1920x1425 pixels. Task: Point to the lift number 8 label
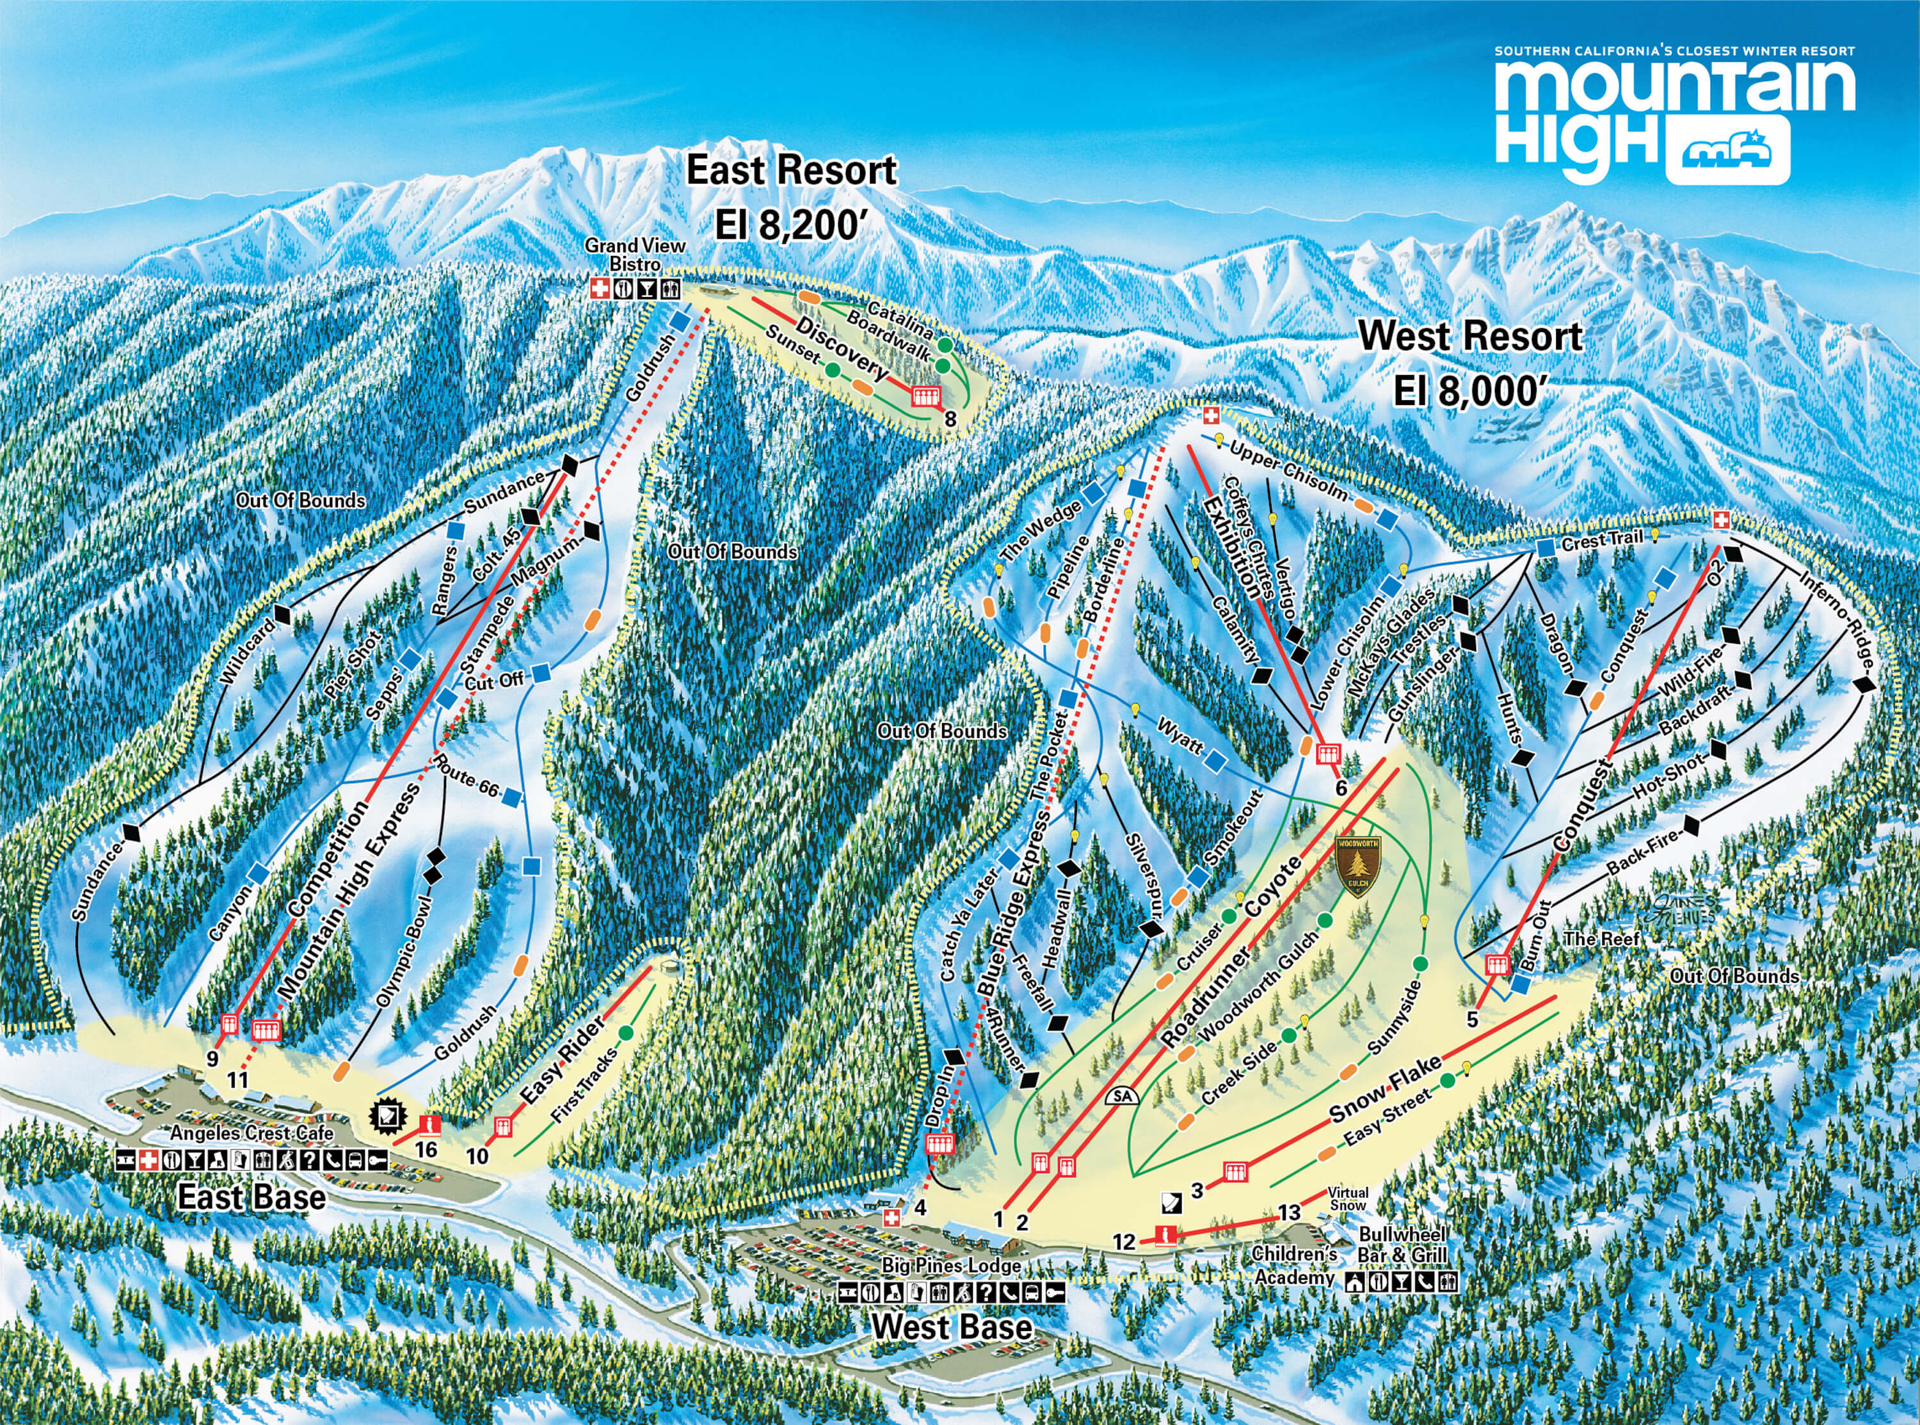pyautogui.click(x=950, y=420)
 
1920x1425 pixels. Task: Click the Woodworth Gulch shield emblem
pyautogui.click(x=1357, y=865)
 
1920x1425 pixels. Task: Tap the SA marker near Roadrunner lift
pyautogui.click(x=1121, y=1096)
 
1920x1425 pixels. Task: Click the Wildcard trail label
pyautogui.click(x=251, y=653)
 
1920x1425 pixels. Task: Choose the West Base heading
pyautogui.click(x=952, y=1326)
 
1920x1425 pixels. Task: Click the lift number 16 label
pyautogui.click(x=426, y=1150)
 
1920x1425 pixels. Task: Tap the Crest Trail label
pyautogui.click(x=1601, y=541)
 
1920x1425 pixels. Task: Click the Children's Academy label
pyautogui.click(x=1294, y=1266)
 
